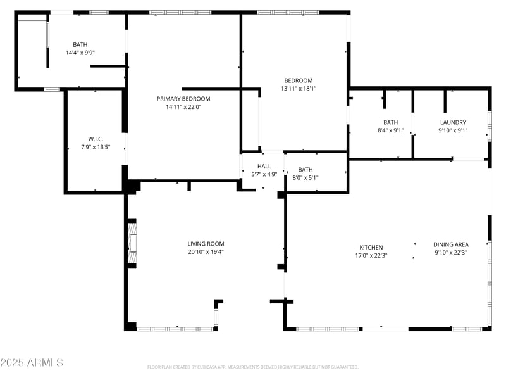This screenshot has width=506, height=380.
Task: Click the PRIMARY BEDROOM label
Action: coord(183,99)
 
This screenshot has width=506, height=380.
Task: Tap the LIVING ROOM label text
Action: coord(206,244)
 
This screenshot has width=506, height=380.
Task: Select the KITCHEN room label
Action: coord(371,248)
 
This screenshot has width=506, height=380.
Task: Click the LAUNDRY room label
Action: coord(453,122)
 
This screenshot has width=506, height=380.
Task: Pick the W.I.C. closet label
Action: coord(96,139)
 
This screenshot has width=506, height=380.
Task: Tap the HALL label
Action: coord(264,167)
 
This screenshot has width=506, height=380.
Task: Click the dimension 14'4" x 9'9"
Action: coord(80,53)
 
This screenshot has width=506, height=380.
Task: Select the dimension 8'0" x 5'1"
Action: coord(305,178)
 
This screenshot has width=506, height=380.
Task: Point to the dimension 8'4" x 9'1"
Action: coord(390,130)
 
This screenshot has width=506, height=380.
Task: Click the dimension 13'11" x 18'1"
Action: coord(299,89)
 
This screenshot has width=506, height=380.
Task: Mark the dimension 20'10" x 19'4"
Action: coord(206,252)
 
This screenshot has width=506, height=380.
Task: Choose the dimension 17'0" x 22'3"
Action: coord(371,256)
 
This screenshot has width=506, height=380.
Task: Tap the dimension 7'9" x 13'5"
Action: coord(96,148)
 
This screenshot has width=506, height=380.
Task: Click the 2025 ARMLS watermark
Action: coord(32,363)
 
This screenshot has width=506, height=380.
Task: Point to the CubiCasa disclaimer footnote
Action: coord(253,367)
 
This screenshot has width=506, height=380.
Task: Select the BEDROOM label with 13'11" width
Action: coord(299,80)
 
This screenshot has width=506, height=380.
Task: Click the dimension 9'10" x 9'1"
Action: coord(453,130)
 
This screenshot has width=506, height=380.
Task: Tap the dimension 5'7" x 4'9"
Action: coord(264,174)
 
